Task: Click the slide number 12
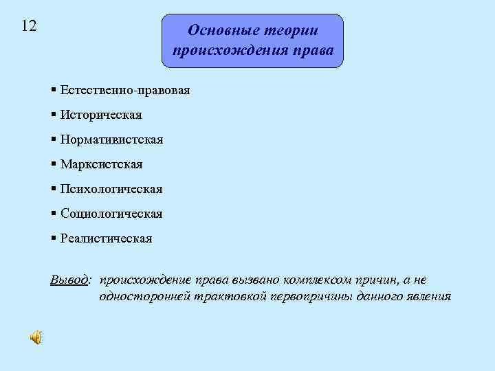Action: [29, 26]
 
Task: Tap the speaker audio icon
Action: [35, 337]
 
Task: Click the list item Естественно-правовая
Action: [124, 90]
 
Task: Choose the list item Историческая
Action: [100, 115]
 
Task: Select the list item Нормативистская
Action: [111, 139]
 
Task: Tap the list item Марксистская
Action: [101, 164]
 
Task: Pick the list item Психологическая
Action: [111, 189]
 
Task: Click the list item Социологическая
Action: [111, 214]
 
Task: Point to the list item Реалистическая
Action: [106, 238]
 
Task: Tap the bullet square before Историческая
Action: [54, 115]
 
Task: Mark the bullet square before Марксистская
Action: [54, 164]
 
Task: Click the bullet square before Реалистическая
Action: [54, 238]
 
